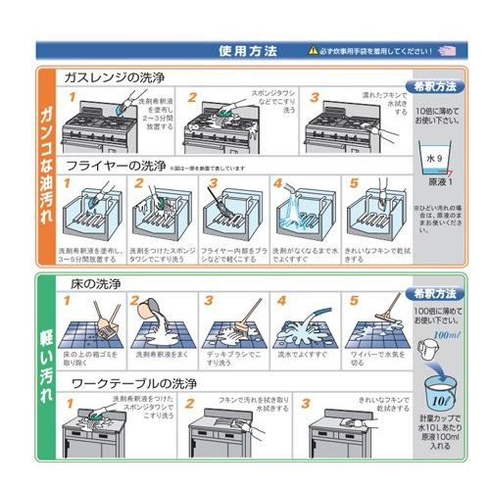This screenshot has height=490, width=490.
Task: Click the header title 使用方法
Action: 248,49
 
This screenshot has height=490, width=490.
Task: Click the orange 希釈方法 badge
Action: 434,86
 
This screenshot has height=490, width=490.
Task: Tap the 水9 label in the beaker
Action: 432,156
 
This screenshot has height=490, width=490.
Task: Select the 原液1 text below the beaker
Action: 433,182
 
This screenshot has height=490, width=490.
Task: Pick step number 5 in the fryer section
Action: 354,183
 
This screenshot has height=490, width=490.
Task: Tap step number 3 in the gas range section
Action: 315,97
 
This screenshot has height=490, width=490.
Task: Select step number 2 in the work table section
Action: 192,402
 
